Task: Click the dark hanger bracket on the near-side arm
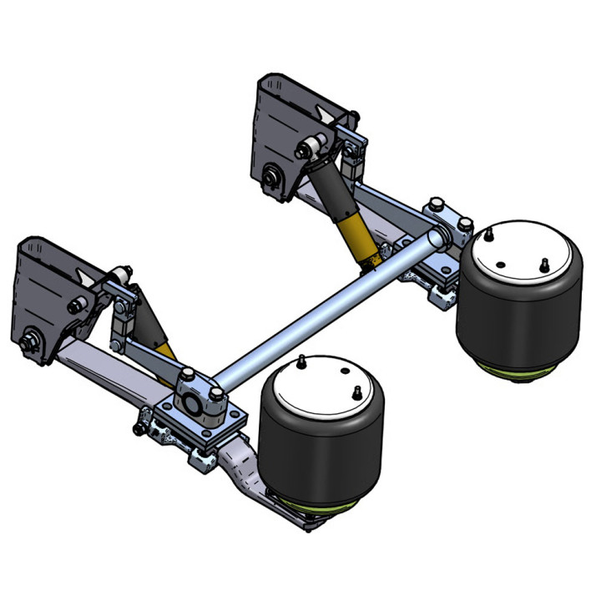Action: coord(46,292)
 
